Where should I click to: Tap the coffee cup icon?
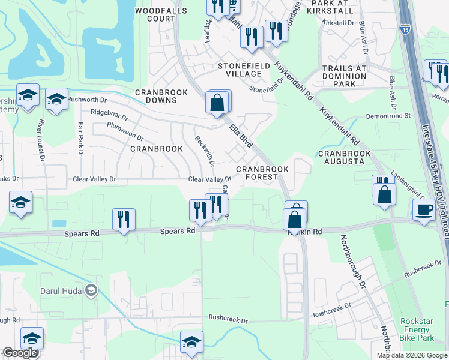point(424,209)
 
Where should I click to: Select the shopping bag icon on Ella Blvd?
point(217,103)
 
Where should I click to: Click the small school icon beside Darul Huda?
point(91,291)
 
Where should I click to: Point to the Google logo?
point(20,353)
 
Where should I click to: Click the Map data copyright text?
point(412,355)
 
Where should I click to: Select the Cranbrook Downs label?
point(161,96)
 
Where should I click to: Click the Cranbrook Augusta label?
point(342,158)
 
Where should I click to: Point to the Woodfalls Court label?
point(155,15)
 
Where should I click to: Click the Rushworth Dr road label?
point(91,99)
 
